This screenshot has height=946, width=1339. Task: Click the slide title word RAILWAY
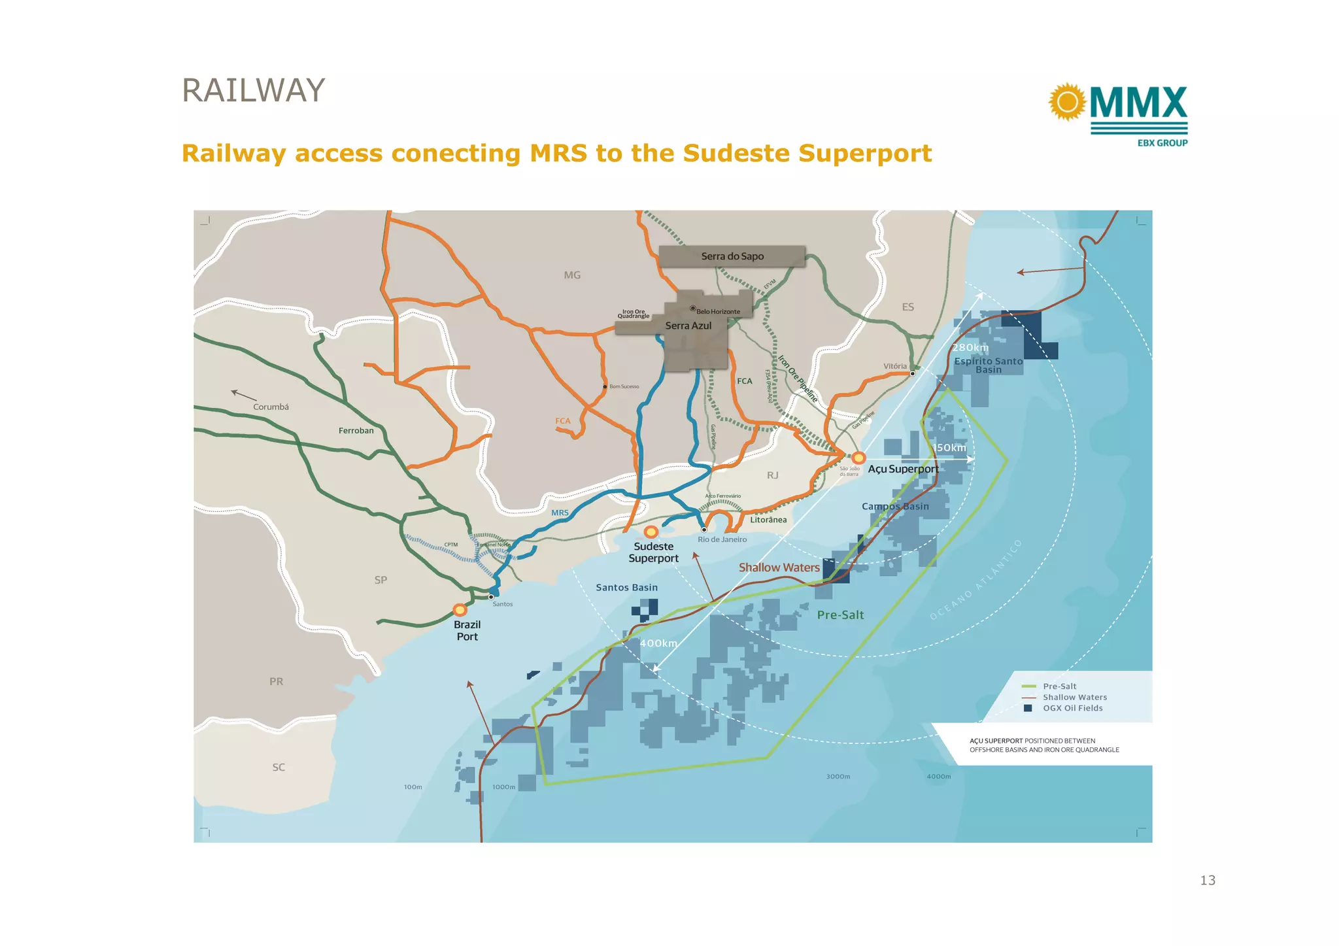tap(253, 91)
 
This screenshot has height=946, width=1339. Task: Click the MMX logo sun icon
tap(1067, 102)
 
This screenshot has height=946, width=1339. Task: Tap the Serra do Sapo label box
tap(732, 256)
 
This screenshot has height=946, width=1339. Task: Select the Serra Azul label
tap(688, 326)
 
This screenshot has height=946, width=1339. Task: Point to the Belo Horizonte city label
tap(718, 311)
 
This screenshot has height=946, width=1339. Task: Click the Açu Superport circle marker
tap(858, 458)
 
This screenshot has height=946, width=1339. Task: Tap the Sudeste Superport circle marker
tap(651, 532)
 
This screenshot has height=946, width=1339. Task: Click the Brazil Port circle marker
tap(460, 610)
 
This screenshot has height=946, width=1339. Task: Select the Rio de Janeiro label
tap(722, 539)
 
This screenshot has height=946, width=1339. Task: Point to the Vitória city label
tap(895, 366)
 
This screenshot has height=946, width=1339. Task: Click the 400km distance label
tap(658, 643)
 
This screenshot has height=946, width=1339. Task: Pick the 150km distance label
tap(949, 448)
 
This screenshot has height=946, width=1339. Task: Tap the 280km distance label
tap(970, 347)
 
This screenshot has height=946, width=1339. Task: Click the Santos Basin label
tap(626, 588)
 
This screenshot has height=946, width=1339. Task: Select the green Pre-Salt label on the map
tap(840, 615)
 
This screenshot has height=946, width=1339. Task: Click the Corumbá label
tap(271, 407)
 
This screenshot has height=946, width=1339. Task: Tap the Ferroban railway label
tap(356, 430)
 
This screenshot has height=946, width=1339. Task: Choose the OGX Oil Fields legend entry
tap(1072, 708)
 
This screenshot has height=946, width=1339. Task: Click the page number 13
tap(1208, 880)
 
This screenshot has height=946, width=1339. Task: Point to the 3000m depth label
tap(838, 777)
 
